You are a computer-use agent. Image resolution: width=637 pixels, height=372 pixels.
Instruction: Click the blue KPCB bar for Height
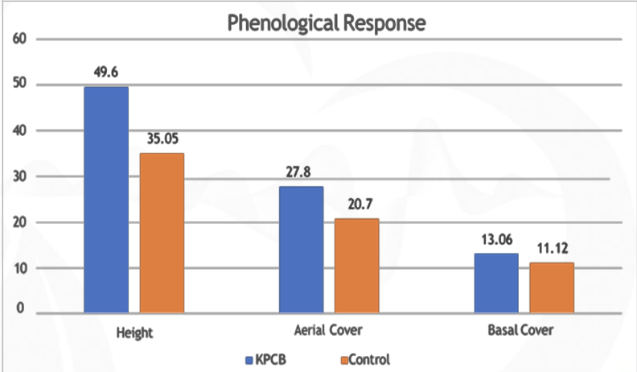106,199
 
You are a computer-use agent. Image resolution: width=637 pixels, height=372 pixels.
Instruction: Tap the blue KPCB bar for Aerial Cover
301,249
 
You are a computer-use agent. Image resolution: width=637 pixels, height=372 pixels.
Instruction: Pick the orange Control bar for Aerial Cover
356,265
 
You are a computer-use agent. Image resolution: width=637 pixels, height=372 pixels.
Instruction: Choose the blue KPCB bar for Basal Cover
496,283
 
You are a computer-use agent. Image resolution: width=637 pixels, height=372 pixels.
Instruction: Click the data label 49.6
106,72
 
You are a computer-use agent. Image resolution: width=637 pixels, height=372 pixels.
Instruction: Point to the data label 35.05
162,138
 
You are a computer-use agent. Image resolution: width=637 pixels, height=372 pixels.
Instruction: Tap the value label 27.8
301,172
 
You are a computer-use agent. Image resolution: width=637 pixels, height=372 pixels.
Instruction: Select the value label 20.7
356,205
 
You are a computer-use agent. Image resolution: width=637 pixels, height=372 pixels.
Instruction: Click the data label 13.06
495,239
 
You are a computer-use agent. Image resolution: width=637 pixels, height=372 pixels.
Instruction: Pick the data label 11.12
551,248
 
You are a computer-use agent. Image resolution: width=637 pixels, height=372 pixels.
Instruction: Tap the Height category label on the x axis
134,332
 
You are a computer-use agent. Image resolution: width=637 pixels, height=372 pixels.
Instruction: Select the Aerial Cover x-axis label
328,332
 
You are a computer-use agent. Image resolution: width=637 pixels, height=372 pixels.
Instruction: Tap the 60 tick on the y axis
18,38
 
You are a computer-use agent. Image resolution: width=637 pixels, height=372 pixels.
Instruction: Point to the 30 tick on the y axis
18,176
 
